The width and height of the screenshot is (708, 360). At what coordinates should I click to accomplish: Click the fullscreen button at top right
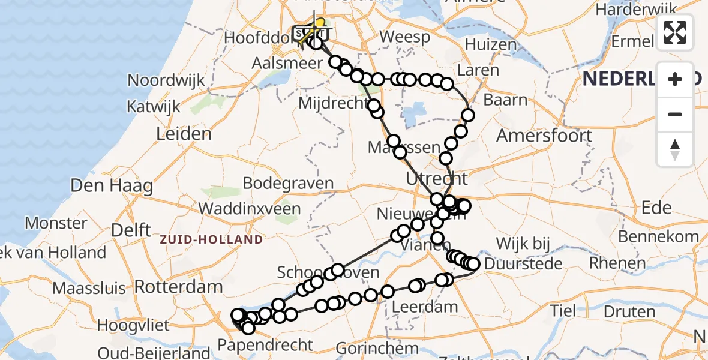pos(675,32)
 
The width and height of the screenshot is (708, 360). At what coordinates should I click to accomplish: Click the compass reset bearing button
pos(675,149)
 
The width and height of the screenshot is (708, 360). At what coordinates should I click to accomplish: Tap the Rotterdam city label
pos(179,287)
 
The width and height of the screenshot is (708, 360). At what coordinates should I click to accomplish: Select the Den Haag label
pos(111,185)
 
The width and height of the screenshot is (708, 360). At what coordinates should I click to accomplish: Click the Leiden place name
pos(184,134)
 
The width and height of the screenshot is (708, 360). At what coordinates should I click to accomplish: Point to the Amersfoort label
pos(544,135)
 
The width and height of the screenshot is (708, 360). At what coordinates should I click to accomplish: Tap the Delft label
pos(131,229)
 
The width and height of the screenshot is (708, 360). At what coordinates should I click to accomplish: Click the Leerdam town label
pos(425,307)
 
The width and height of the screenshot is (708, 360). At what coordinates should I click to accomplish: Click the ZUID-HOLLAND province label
pos(211,240)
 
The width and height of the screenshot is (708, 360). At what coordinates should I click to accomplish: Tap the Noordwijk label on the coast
pos(166,80)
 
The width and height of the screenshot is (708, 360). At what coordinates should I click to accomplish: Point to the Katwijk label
pos(154,107)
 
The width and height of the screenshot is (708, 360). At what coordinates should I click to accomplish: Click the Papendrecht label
pos(265,345)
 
